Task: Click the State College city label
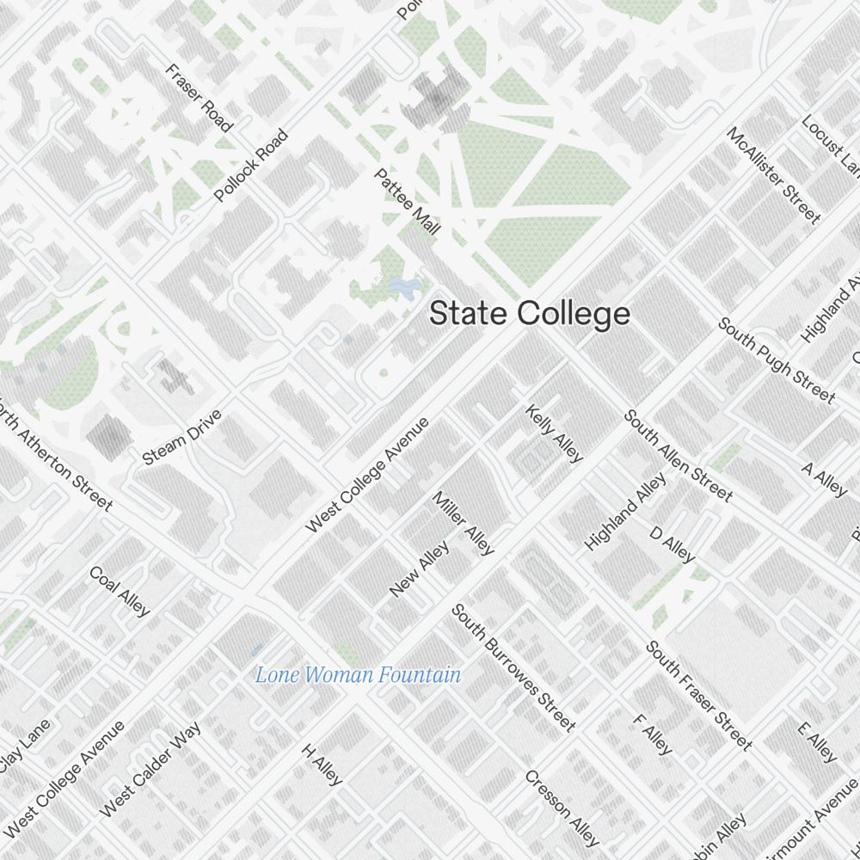click(530, 314)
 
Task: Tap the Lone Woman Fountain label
click(358, 675)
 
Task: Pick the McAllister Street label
click(773, 175)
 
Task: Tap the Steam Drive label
click(182, 438)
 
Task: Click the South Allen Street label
click(679, 456)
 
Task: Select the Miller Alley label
click(464, 523)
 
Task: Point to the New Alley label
click(420, 568)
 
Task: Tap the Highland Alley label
click(625, 512)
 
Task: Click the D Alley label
click(672, 545)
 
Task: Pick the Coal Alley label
click(120, 592)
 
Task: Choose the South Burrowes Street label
click(513, 667)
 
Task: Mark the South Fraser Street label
click(699, 695)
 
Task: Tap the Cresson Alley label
click(562, 808)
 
